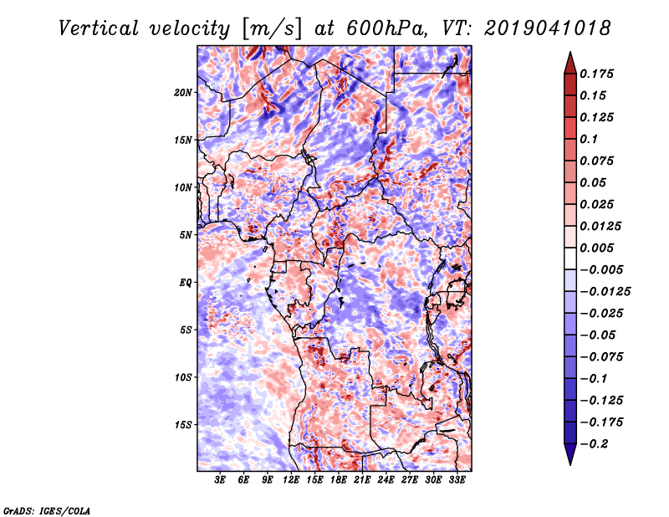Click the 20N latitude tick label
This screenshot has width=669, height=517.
(x=183, y=93)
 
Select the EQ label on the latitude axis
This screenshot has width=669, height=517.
(x=186, y=283)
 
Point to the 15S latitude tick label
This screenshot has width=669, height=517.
(x=183, y=425)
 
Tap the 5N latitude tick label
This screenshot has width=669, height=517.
(x=186, y=235)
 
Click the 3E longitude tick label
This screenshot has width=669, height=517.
(x=220, y=480)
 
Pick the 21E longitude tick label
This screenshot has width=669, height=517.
(x=362, y=480)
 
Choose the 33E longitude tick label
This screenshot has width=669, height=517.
(x=457, y=480)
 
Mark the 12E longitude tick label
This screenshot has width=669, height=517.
(x=290, y=480)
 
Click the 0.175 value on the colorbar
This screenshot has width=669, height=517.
(x=596, y=74)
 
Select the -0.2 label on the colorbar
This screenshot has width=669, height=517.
(x=594, y=444)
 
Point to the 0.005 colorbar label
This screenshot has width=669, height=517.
(x=596, y=248)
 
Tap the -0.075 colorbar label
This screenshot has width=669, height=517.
(x=601, y=357)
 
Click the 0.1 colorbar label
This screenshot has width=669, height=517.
(x=589, y=139)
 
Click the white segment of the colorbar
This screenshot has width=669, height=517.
(x=570, y=258)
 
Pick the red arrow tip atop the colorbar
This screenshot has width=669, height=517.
(x=570, y=53)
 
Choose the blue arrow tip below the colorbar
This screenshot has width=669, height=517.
(x=570, y=464)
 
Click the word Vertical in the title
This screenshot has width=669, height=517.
(x=99, y=28)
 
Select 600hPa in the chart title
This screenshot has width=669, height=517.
(x=386, y=28)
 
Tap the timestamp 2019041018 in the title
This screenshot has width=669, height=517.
(x=548, y=28)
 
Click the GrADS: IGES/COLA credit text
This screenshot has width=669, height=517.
(x=47, y=510)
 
